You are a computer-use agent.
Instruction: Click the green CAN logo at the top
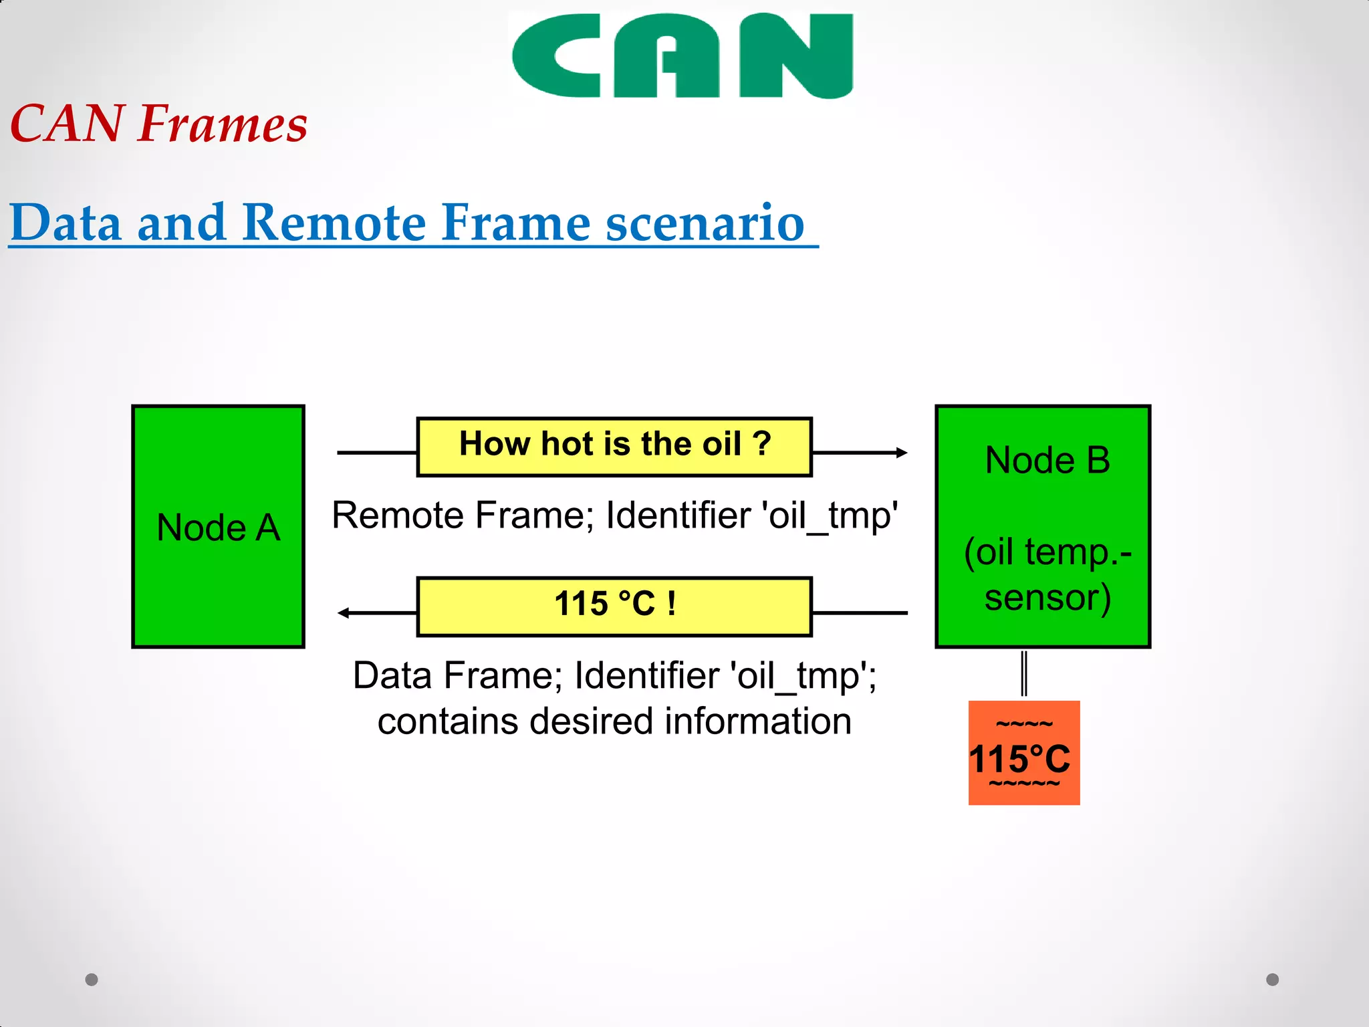tap(682, 56)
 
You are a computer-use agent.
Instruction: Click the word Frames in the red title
tap(223, 124)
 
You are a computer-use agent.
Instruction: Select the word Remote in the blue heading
tap(334, 223)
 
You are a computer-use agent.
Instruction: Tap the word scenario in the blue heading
tap(705, 223)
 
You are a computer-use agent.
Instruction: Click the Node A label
tap(219, 528)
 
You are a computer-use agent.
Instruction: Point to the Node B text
tap(1047, 461)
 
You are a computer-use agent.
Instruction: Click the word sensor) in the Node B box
tap(1047, 597)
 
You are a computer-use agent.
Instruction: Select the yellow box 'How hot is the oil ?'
tap(614, 446)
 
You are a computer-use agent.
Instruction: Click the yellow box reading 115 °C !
tap(614, 605)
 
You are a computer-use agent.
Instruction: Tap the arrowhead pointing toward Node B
tap(902, 453)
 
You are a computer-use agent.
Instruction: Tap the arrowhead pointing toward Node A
tap(344, 612)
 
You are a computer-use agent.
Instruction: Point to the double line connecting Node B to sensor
tap(1024, 673)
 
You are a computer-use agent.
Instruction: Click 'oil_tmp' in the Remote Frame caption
tap(829, 516)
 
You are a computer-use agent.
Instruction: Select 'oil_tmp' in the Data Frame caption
tap(803, 676)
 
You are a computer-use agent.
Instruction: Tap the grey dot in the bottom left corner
tap(92, 980)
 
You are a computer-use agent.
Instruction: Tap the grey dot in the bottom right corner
tap(1272, 980)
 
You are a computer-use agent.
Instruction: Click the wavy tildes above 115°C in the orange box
tap(1023, 724)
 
